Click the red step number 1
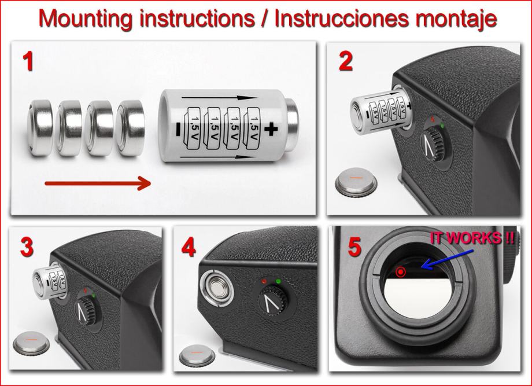[x=28, y=61]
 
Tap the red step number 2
[x=346, y=62]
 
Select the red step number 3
[x=27, y=247]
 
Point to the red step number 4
[x=189, y=247]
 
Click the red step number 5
[x=354, y=247]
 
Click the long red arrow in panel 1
[x=98, y=183]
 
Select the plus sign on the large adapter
[x=271, y=129]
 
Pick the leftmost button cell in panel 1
[x=40, y=128]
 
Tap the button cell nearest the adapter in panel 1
[x=130, y=128]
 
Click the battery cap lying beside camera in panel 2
[x=356, y=182]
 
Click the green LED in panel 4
[x=279, y=281]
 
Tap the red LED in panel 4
[x=264, y=281]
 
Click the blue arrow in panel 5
[x=447, y=260]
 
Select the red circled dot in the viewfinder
[x=401, y=271]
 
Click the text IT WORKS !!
[x=472, y=238]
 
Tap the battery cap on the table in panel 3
[x=31, y=343]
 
